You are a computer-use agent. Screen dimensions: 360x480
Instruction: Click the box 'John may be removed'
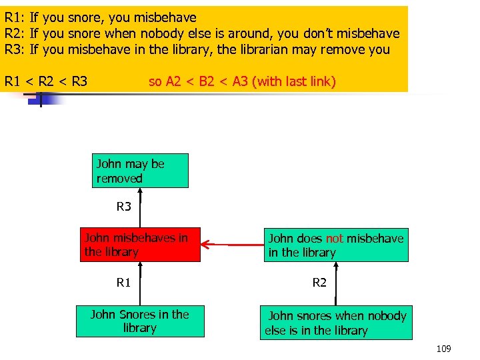(140, 171)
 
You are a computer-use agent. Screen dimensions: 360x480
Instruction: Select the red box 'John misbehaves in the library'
(140, 244)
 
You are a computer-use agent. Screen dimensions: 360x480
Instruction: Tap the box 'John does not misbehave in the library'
(335, 245)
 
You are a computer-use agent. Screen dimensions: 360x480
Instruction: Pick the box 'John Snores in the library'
(140, 321)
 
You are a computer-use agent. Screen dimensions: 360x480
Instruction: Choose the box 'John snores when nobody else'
(336, 323)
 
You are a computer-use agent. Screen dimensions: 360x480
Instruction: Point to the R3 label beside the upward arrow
(124, 207)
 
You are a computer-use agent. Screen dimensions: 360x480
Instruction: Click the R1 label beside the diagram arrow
(124, 283)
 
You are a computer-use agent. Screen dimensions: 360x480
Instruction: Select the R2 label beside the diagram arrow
(320, 283)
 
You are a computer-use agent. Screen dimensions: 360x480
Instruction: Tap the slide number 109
(443, 349)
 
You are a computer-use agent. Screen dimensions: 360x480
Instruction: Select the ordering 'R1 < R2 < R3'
(46, 82)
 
